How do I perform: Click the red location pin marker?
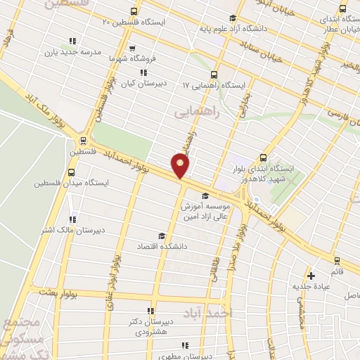(181, 167)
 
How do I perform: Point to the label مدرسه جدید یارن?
(73, 52)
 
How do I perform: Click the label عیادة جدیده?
(311, 286)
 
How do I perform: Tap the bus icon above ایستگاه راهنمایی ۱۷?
(213, 74)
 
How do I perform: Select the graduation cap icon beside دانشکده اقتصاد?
(161, 236)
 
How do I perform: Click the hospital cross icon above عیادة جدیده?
(311, 275)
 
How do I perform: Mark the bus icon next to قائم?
(336, 260)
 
